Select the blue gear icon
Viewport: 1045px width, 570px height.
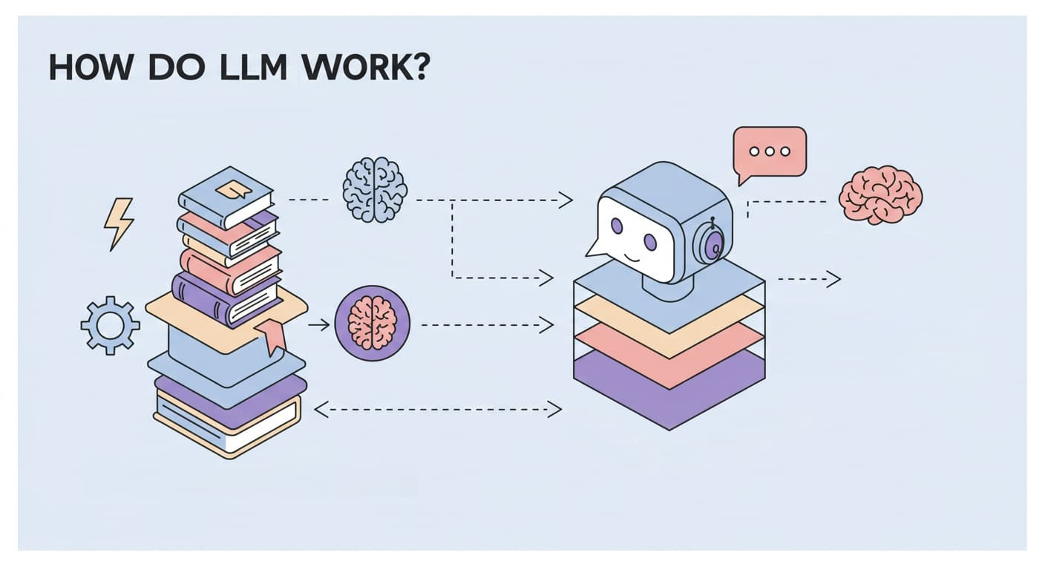[110, 324]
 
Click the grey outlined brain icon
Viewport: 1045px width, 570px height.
[375, 189]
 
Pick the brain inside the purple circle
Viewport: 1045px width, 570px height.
[373, 324]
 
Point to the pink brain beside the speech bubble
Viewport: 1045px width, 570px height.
[880, 194]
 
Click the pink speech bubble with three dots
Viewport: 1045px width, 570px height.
[770, 152]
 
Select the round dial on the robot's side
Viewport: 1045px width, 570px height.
[711, 243]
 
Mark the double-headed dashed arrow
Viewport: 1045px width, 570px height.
[438, 407]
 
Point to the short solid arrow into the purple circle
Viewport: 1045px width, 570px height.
[319, 324]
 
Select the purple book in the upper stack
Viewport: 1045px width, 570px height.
[223, 297]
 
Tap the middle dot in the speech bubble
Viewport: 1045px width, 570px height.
[770, 151]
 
